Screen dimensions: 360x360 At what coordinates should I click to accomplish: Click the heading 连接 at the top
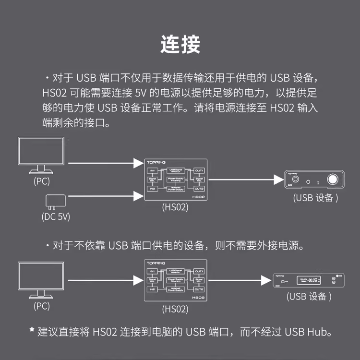(x=180, y=44)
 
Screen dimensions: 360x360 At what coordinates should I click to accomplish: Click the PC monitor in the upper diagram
(x=40, y=153)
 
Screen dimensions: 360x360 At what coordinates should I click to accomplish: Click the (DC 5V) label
(x=56, y=216)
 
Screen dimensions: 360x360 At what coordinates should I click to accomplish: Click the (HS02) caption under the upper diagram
(x=175, y=207)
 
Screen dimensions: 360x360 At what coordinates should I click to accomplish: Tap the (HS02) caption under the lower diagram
(x=175, y=309)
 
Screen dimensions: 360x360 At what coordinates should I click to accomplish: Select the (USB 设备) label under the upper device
(x=315, y=198)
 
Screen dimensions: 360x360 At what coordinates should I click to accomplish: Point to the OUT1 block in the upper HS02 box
(x=199, y=170)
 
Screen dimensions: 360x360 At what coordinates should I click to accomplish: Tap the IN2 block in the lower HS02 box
(x=152, y=289)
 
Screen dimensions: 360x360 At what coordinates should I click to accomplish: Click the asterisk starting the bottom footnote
(x=32, y=331)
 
